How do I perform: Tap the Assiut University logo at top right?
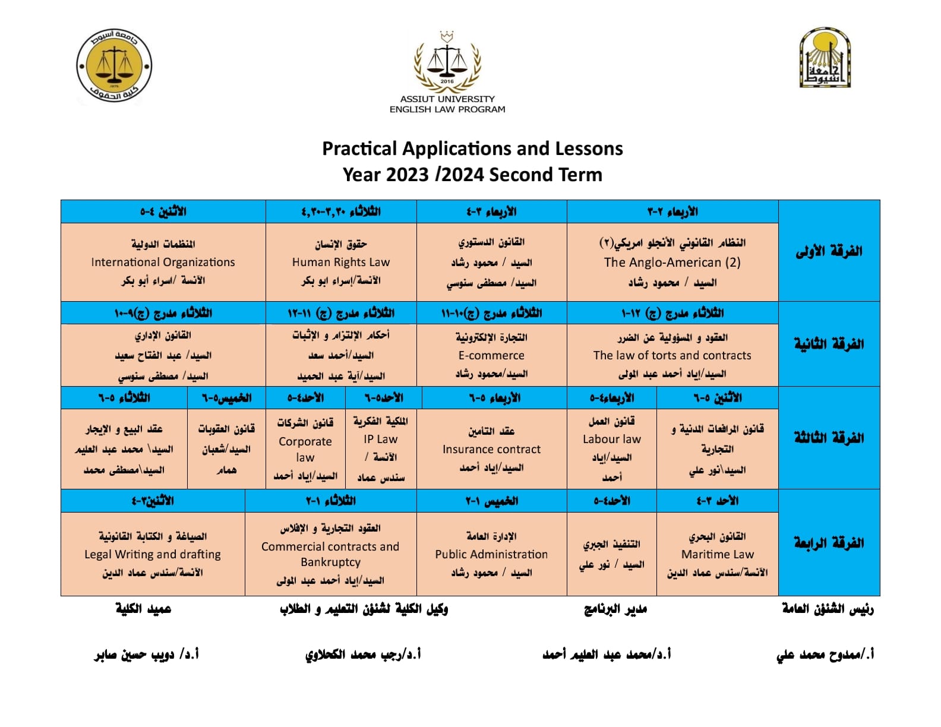point(825,58)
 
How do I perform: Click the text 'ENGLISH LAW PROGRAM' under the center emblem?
point(447,109)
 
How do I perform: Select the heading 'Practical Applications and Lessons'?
point(472,148)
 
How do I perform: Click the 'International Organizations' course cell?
point(163,262)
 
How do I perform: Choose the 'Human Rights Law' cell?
point(341,262)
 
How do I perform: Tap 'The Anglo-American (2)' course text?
point(672,263)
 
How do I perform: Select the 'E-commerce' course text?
point(491,355)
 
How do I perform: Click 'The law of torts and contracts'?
point(672,355)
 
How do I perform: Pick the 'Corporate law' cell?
point(305,449)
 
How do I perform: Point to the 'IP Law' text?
point(381,439)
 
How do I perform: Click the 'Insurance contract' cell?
point(491,449)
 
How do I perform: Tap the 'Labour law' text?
point(612,439)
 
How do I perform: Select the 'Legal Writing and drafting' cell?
point(153,554)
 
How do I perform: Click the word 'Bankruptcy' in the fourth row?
point(330,562)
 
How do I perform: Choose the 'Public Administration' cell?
point(491,554)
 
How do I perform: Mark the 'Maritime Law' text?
point(718,554)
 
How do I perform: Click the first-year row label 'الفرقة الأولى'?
point(829,251)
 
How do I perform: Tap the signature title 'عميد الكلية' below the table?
point(143,609)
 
